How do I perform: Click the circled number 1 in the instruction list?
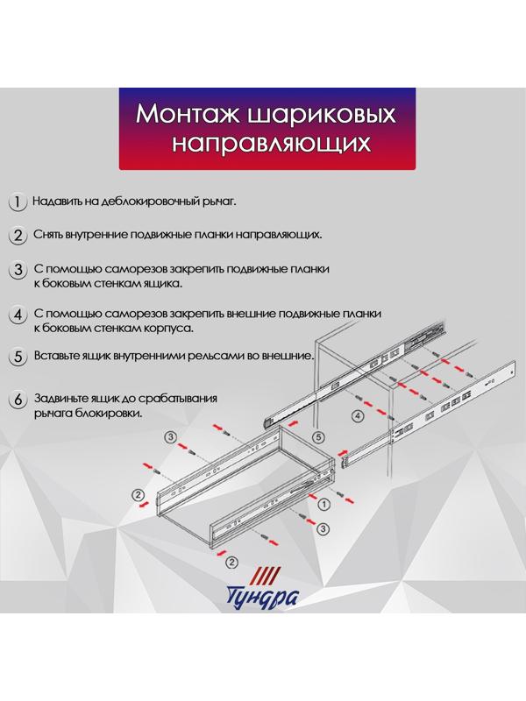(17, 202)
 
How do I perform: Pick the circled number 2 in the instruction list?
(17, 237)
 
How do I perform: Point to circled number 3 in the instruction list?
(17, 271)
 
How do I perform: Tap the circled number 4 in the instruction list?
(17, 315)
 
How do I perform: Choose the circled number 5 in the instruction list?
(17, 358)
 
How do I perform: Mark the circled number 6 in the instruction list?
(17, 400)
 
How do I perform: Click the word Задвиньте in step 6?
(62, 399)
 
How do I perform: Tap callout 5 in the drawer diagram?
(318, 435)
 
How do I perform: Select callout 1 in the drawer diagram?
(323, 504)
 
